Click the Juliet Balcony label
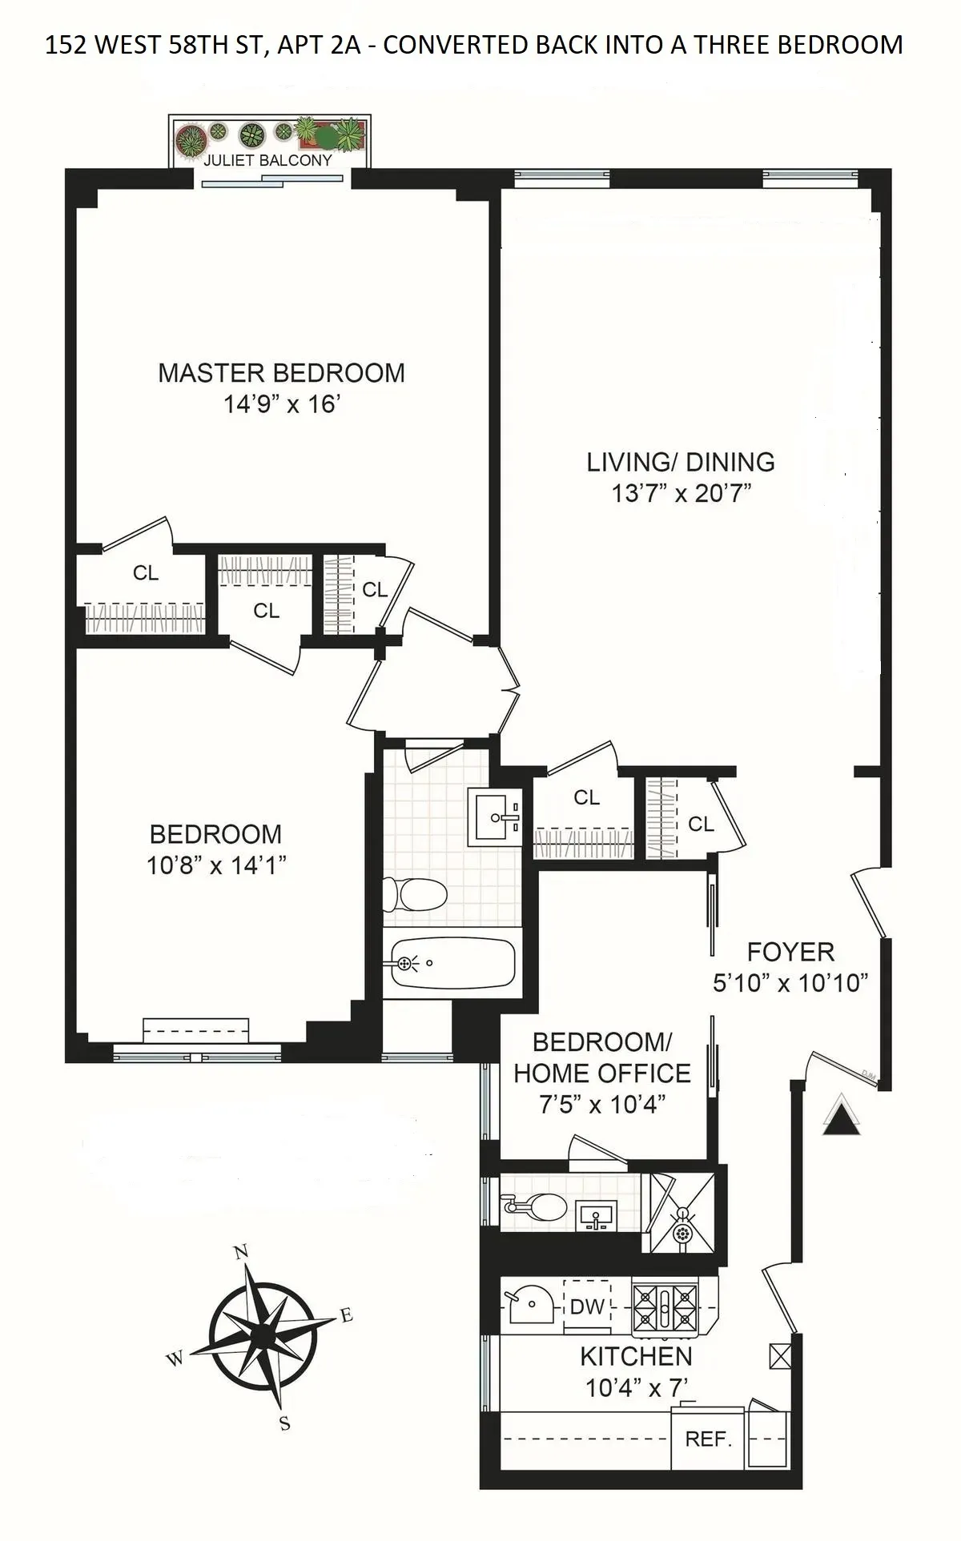pos(267,160)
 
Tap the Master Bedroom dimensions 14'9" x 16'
pos(282,404)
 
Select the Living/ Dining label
pos(681,462)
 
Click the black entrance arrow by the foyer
pos(842,1115)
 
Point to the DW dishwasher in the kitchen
pos(587,1307)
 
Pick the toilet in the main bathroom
pos(415,894)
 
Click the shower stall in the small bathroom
pos(683,1212)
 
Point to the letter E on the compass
pos(346,1315)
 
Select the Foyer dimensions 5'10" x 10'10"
pos(790,983)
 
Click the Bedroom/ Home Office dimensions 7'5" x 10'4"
pos(602,1105)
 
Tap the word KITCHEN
pos(636,1357)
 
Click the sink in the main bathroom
pos(494,817)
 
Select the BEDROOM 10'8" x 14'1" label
pos(215,849)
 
